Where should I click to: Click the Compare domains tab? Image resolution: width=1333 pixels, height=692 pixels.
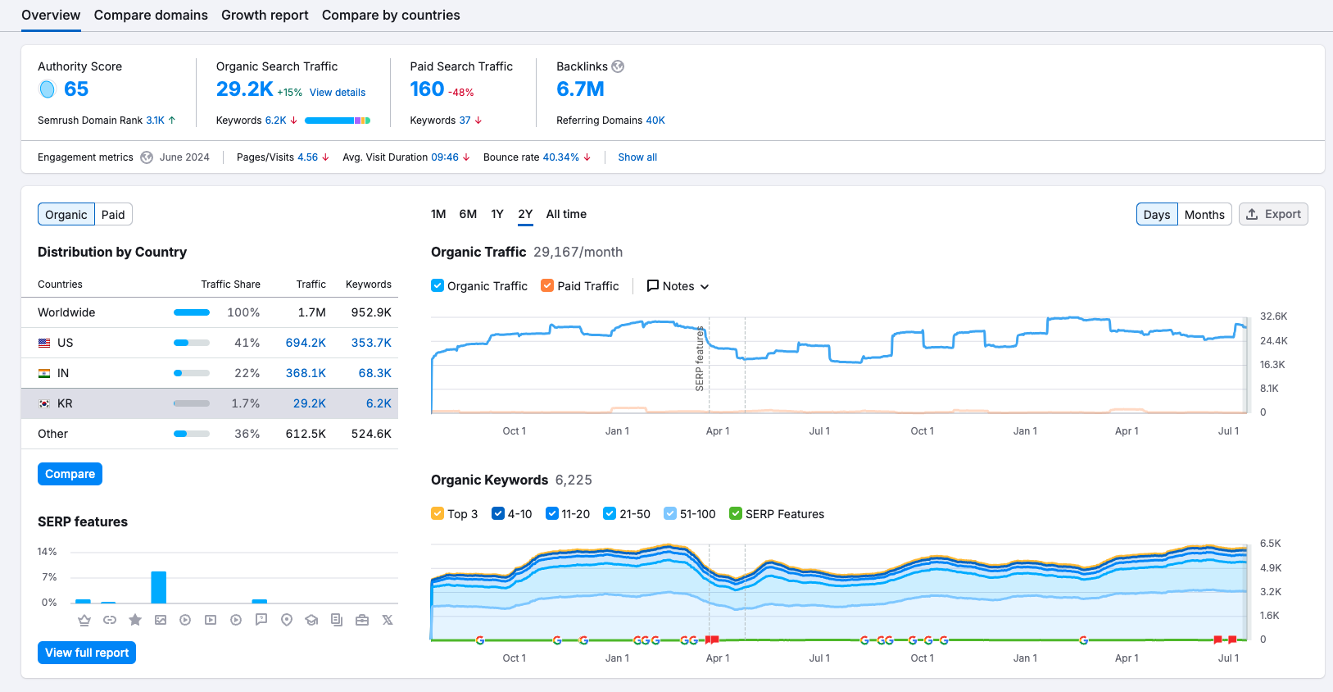151,15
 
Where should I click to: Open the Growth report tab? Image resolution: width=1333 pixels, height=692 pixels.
265,15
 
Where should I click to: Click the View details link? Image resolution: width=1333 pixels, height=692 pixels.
337,93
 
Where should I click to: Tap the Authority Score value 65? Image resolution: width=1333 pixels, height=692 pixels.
75,89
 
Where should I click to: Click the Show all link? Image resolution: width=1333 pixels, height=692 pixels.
637,157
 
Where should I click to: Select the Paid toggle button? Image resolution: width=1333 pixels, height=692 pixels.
113,215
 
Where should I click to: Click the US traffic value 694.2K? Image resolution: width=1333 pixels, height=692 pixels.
306,343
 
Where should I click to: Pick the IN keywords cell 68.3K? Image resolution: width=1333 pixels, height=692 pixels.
374,373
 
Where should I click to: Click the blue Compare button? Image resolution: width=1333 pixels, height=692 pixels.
70,474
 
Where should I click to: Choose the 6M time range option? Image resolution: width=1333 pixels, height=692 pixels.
468,214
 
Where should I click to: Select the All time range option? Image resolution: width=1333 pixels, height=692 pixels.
566,214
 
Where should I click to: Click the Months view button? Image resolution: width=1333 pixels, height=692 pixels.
1204,215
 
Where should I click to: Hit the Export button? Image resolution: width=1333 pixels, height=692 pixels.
1273,214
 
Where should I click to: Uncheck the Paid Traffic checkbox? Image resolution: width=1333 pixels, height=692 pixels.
547,286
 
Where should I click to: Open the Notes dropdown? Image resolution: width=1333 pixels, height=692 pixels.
678,286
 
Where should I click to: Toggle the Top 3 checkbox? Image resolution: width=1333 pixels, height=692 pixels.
438,514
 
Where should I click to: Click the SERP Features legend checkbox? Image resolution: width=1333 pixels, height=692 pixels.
736,514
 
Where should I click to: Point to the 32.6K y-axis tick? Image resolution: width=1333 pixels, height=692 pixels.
1273,316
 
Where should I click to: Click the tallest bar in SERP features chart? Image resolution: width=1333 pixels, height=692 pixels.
159,587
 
